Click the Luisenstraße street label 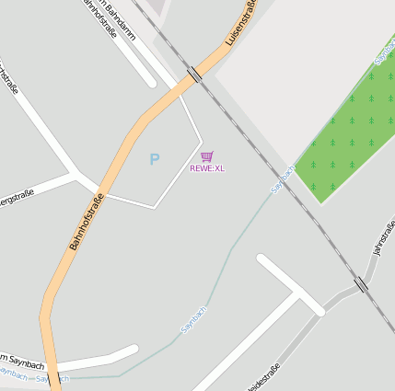click(x=240, y=25)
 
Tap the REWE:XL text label click(x=207, y=168)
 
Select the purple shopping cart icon click(x=207, y=156)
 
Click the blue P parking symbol click(x=155, y=160)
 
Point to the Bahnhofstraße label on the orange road click(x=87, y=222)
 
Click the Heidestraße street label click(x=262, y=377)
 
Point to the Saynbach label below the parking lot click(x=194, y=318)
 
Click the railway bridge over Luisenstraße click(x=194, y=75)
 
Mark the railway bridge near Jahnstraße click(x=361, y=285)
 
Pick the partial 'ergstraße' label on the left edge click(x=17, y=196)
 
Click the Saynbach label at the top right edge click(x=385, y=51)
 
